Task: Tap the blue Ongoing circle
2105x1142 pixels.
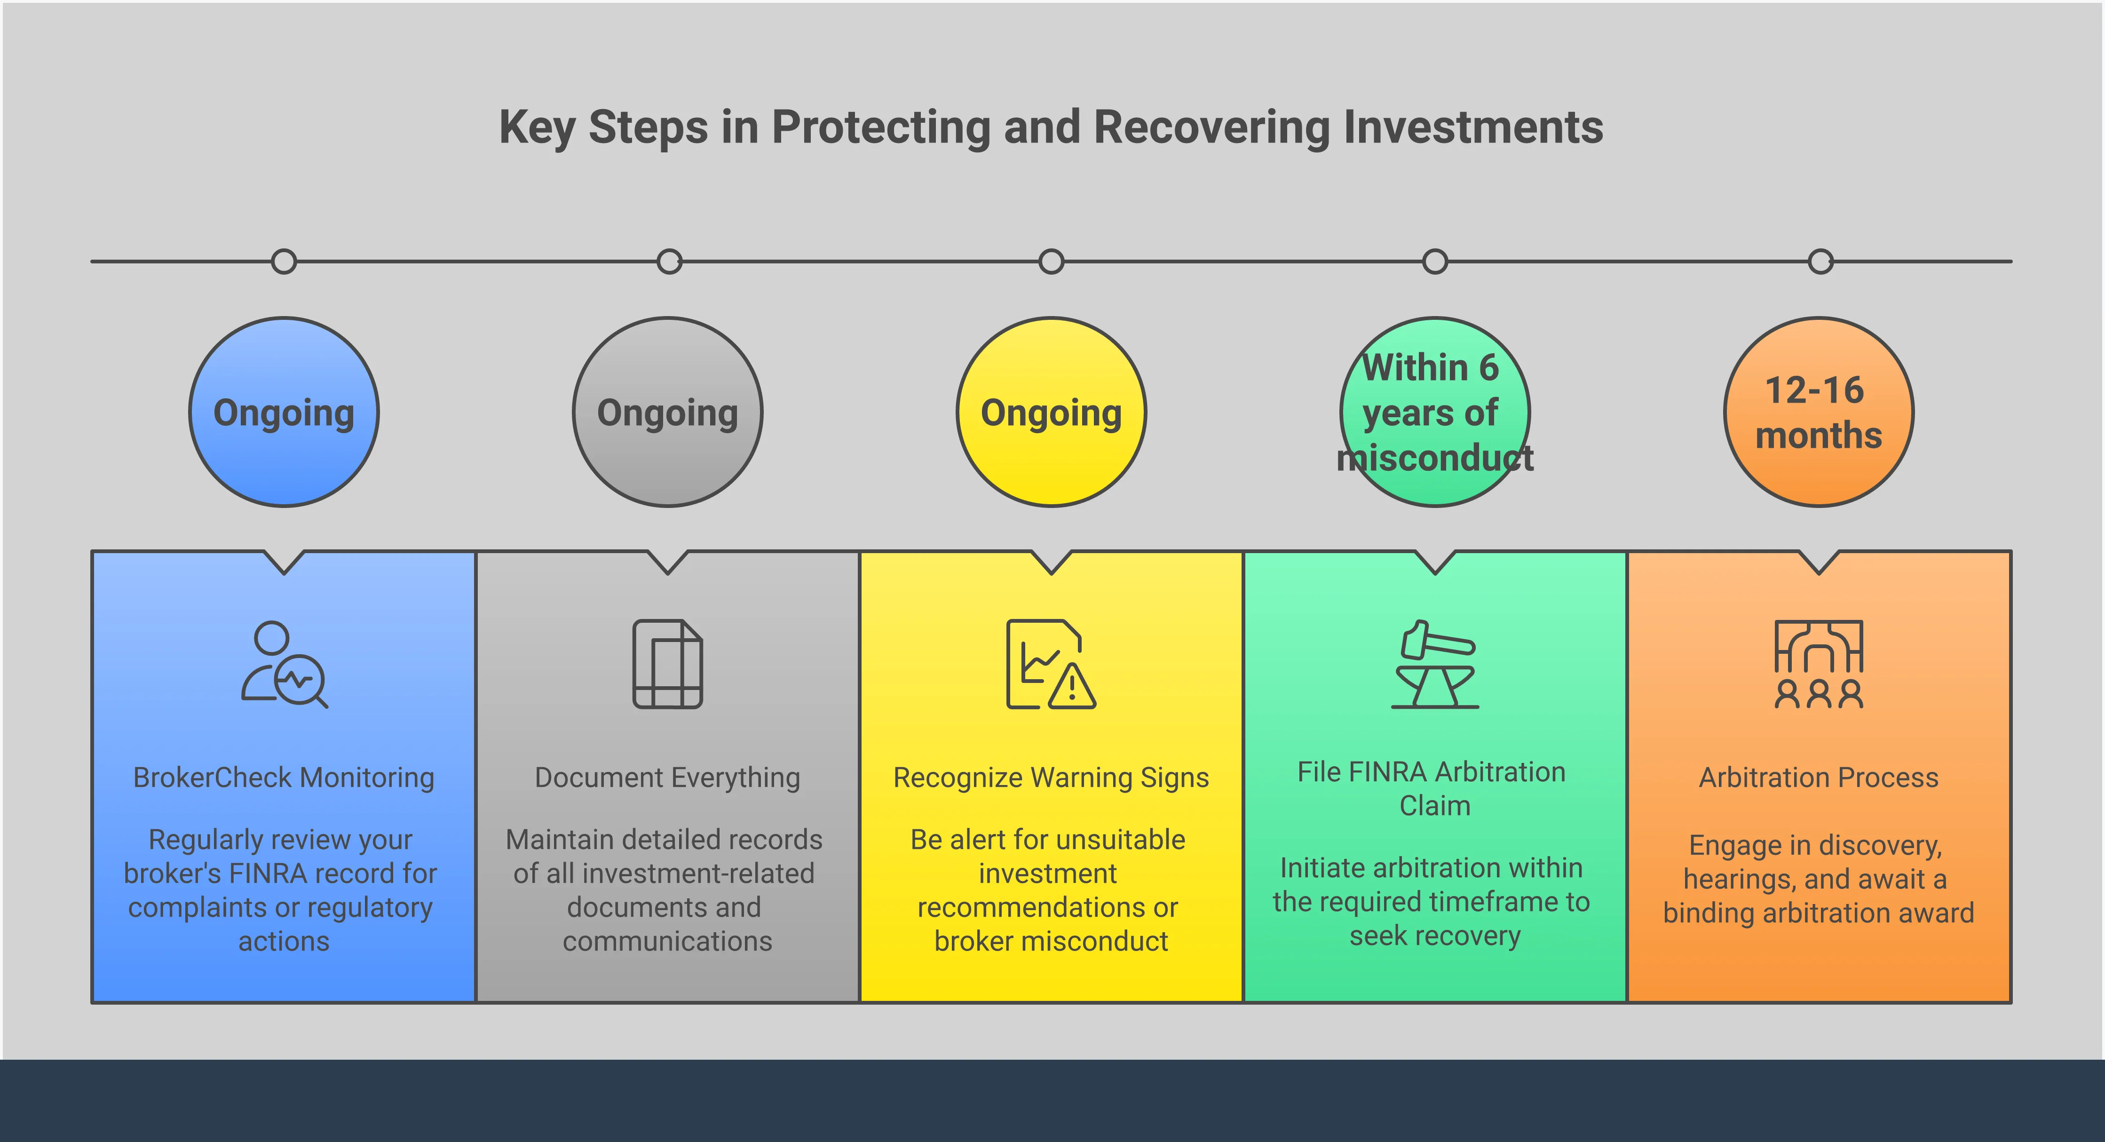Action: [x=284, y=412]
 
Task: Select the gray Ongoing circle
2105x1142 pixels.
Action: [x=668, y=412]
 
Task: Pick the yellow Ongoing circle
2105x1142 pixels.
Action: [x=1051, y=412]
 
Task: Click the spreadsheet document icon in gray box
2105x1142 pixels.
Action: [x=668, y=664]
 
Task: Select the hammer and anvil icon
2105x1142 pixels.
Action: [x=1435, y=664]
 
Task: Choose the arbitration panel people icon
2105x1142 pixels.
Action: [x=1819, y=664]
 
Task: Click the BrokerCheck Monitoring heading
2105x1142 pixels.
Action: [x=284, y=777]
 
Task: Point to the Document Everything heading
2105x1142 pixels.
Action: [x=668, y=777]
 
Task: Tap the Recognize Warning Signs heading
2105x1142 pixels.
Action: [x=1051, y=777]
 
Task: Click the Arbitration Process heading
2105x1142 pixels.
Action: [x=1819, y=777]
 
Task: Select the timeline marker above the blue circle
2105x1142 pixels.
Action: [x=284, y=262]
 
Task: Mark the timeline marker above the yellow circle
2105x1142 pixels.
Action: [x=1051, y=262]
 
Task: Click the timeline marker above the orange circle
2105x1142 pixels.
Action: [x=1820, y=262]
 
